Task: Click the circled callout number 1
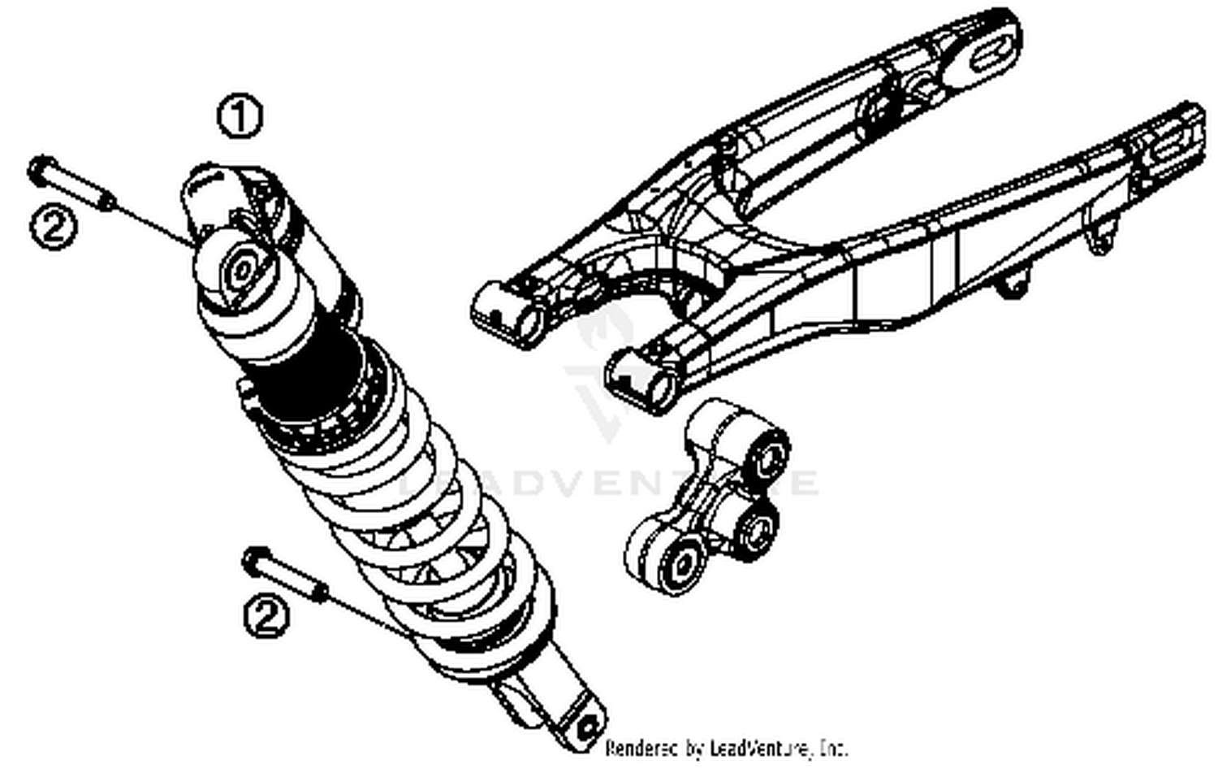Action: [x=240, y=117]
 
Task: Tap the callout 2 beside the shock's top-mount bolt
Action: [x=54, y=227]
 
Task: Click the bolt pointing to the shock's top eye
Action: [x=71, y=184]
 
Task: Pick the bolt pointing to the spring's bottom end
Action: [x=285, y=575]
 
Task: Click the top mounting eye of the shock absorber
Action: [x=241, y=272]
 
